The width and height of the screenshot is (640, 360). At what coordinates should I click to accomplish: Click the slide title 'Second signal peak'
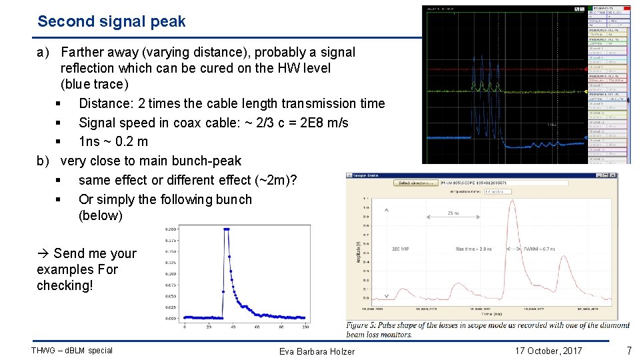111,21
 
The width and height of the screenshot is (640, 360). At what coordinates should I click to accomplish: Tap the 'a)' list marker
45,52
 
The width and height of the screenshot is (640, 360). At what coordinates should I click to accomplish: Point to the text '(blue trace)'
94,84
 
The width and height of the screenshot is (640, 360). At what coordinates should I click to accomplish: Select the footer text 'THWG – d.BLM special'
72,351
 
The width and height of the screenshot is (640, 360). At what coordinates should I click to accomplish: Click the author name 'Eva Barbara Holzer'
317,351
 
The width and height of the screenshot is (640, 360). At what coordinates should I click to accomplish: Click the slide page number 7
628,351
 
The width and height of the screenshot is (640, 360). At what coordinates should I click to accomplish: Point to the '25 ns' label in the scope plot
453,214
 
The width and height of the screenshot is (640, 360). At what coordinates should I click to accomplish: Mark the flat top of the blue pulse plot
227,229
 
